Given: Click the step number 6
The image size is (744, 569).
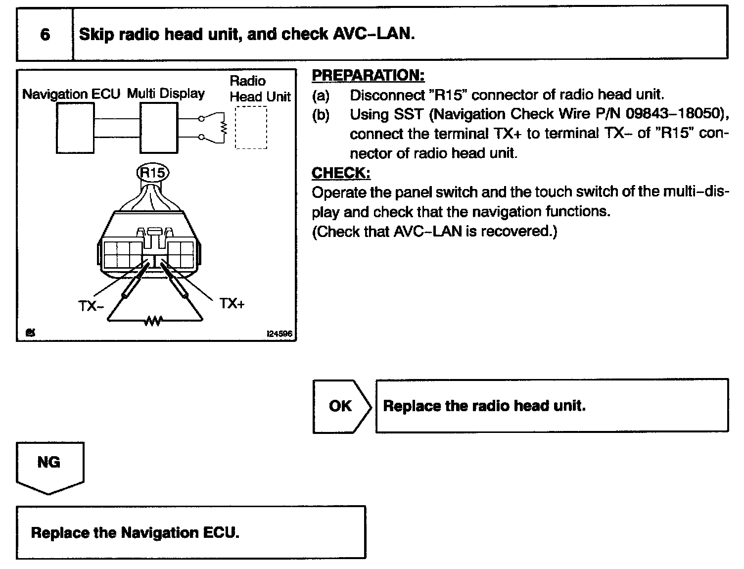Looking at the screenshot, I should point(45,34).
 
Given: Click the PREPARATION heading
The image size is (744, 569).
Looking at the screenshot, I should point(368,75).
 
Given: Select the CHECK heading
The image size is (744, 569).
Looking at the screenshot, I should point(341,173).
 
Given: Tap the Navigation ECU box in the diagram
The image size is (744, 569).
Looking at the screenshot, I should point(75,129).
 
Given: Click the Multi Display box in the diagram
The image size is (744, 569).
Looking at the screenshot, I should point(158,128).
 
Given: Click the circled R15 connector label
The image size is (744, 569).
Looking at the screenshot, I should point(152,172).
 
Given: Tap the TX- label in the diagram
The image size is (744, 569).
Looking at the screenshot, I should point(91,306).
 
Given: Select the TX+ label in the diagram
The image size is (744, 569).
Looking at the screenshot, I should point(232,303).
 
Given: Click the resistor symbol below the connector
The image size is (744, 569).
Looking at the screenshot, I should point(153,321).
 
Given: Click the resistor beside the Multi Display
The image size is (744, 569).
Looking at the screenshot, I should point(224,128).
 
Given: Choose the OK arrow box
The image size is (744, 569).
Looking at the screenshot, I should point(341,406).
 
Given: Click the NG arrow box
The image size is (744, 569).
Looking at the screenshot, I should point(49,465).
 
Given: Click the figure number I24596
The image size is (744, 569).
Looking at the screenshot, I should point(279,334).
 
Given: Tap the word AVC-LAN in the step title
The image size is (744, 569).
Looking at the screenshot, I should point(372,34).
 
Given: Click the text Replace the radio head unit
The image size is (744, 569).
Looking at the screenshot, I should point(484,406).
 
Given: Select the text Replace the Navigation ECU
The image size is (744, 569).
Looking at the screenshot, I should point(135,533).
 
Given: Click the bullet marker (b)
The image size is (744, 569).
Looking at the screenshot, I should point(321,114).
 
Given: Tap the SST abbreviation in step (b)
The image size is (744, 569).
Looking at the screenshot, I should point(409,114).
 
